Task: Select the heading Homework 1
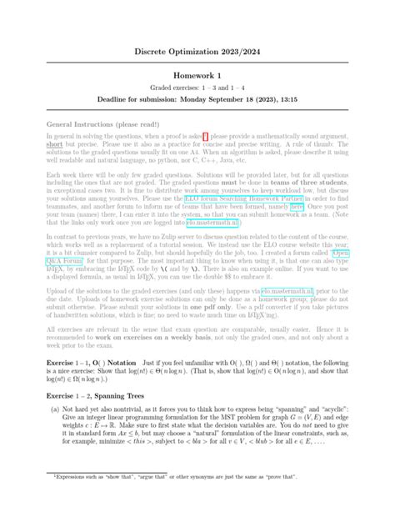[197, 76]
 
